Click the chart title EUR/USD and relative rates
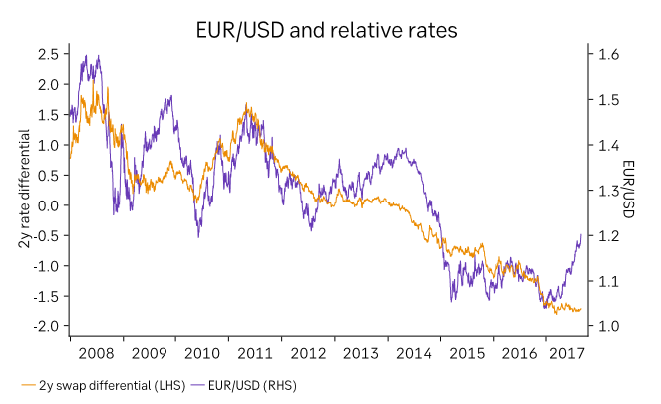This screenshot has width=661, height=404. (x=326, y=31)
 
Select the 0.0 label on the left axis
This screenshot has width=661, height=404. (x=48, y=205)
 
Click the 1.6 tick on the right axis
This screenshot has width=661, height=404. (x=608, y=54)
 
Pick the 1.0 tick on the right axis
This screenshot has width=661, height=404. (x=608, y=326)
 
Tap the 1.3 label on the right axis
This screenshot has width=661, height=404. (x=608, y=191)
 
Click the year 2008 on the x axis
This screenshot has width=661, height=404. (x=96, y=353)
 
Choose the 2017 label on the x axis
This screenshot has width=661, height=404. (x=565, y=353)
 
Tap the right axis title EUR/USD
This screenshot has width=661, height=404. (x=629, y=191)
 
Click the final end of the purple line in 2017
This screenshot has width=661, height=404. (x=582, y=234)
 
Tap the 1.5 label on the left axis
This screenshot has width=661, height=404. (x=48, y=115)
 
